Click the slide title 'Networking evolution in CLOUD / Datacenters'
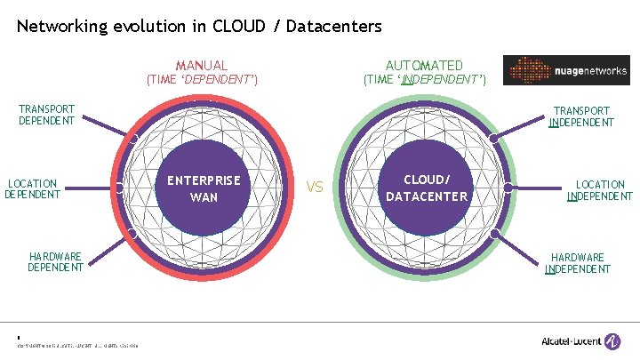(199, 26)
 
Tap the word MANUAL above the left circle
(202, 65)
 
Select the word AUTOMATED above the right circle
(424, 65)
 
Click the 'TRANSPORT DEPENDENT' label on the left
(46, 115)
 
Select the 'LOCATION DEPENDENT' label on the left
(33, 188)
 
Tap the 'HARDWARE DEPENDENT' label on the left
(55, 261)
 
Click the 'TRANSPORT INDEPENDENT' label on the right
(581, 116)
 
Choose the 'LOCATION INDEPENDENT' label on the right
(600, 190)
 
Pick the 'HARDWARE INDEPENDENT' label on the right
(578, 263)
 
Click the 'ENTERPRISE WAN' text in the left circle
(204, 188)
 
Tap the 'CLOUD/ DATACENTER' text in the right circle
(427, 188)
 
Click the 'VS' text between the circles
(315, 188)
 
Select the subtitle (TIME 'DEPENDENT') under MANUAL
(202, 80)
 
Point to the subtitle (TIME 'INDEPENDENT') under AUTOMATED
(424, 80)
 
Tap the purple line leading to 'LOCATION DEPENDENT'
(90, 187)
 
